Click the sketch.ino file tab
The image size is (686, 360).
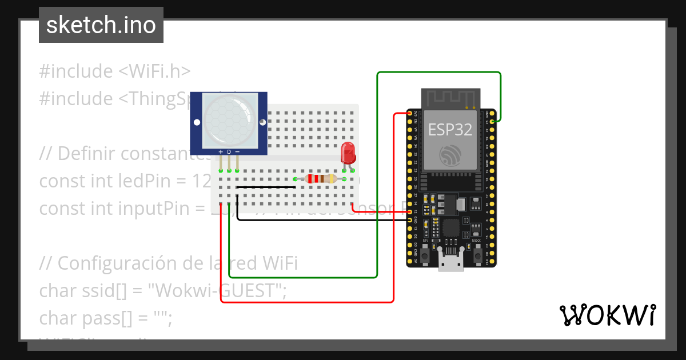pyautogui.click(x=101, y=25)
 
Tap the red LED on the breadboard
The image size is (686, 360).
pyautogui.click(x=347, y=153)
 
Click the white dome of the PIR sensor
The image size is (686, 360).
pyautogui.click(x=228, y=118)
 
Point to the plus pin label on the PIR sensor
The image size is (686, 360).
pyautogui.click(x=221, y=151)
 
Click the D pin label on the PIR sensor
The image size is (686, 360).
pyautogui.click(x=229, y=151)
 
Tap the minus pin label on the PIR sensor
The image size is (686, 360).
pyautogui.click(x=237, y=151)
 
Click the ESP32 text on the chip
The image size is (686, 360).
pyautogui.click(x=450, y=129)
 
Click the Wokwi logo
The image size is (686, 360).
pyautogui.click(x=607, y=315)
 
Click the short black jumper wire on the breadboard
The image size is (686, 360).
pyautogui.click(x=266, y=187)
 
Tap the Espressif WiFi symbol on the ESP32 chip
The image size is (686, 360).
pyautogui.click(x=450, y=154)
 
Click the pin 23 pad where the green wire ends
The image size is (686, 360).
pyautogui.click(x=493, y=122)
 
